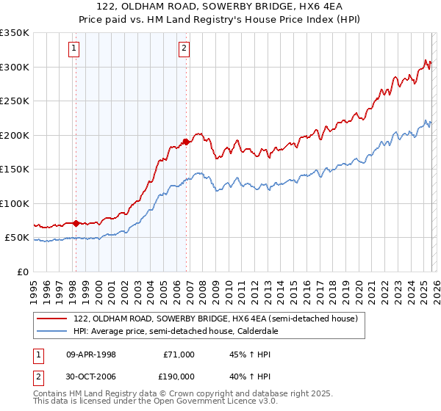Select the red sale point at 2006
pos(187,142)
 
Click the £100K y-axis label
pos(15,203)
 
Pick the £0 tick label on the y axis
pos(22,272)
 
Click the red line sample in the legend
pos(52,319)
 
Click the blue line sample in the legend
pos(52,332)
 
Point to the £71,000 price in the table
pos(179,354)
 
